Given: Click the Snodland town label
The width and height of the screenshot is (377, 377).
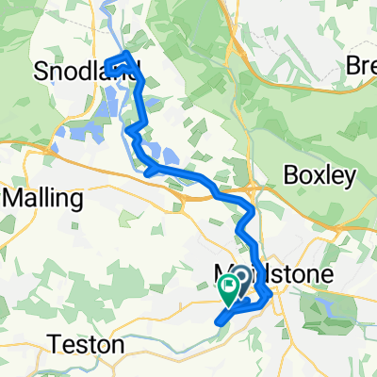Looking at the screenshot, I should (x=86, y=69).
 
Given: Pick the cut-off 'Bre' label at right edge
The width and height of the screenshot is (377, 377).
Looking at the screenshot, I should (x=360, y=67).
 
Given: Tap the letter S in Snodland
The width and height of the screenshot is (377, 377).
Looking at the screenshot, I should (x=41, y=70).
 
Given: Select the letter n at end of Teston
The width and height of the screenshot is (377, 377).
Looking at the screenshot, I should (x=118, y=345).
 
